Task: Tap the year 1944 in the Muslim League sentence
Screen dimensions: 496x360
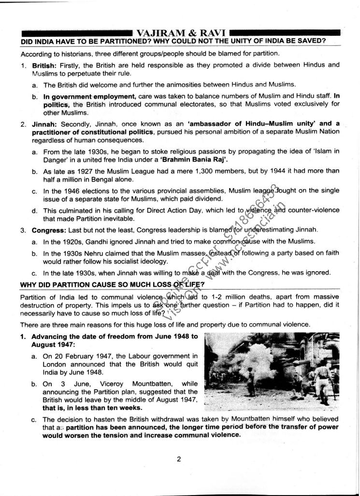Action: (x=287, y=171)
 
